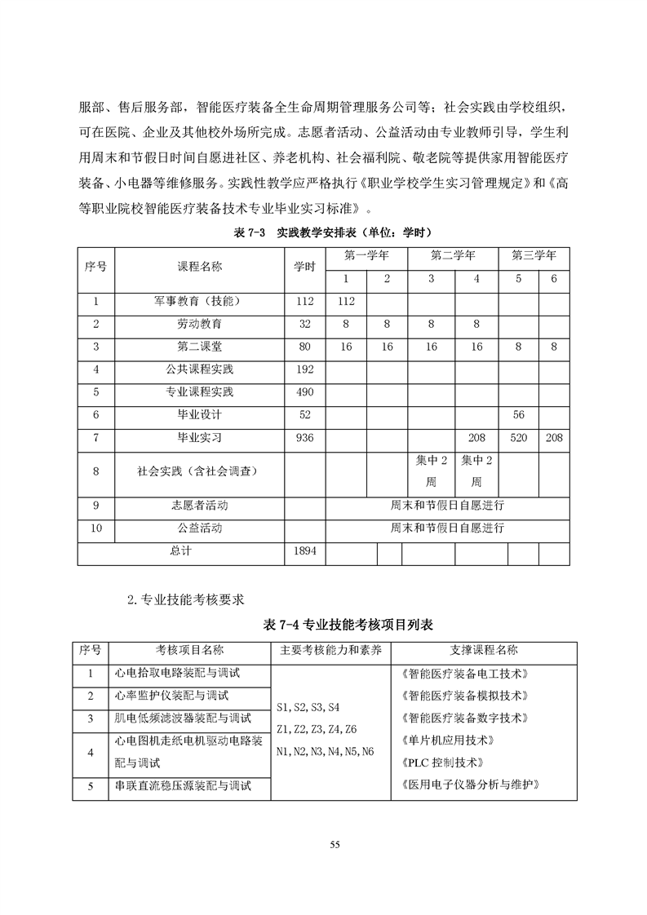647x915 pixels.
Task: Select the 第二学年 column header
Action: click(453, 255)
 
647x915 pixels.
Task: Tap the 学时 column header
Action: click(304, 267)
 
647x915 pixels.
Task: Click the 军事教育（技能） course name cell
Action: click(199, 301)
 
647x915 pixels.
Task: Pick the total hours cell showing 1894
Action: click(304, 551)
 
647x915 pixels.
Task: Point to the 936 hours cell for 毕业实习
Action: click(304, 438)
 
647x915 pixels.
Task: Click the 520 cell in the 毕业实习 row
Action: click(518, 438)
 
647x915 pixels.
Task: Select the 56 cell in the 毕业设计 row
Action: click(518, 415)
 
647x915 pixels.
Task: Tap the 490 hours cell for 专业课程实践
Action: click(304, 392)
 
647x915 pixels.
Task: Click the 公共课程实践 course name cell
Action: click(199, 369)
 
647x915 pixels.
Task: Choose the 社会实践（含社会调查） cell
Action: click(199, 471)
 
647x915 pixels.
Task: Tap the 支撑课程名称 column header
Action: click(484, 650)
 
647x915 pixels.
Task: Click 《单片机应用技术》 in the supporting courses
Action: click(448, 740)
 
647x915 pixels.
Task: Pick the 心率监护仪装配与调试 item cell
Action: click(171, 696)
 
